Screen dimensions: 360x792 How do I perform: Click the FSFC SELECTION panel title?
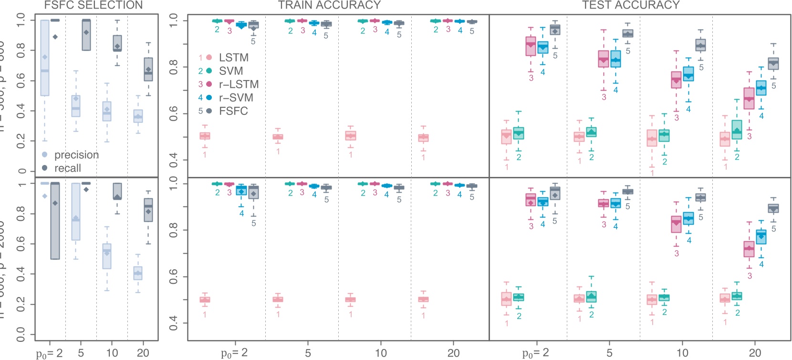(x=93, y=5)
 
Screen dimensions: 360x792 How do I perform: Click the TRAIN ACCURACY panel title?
(x=329, y=5)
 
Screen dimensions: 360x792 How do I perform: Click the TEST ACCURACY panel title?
(x=631, y=5)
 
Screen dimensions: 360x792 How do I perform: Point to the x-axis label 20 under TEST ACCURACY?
(x=755, y=353)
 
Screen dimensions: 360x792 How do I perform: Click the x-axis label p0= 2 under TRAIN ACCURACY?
(x=234, y=353)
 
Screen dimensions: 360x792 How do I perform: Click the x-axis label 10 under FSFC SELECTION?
(x=112, y=353)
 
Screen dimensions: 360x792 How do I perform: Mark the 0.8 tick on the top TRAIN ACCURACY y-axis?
(x=174, y=67)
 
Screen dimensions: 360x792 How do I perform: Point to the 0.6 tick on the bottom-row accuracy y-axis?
(x=174, y=277)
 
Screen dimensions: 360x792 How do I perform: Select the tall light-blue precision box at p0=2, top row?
(x=45, y=58)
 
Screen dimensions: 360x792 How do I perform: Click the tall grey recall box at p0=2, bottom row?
(x=55, y=221)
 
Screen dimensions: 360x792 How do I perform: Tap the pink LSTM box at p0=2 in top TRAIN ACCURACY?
(x=205, y=136)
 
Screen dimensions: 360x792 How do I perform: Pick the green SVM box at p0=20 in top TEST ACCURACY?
(x=737, y=130)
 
